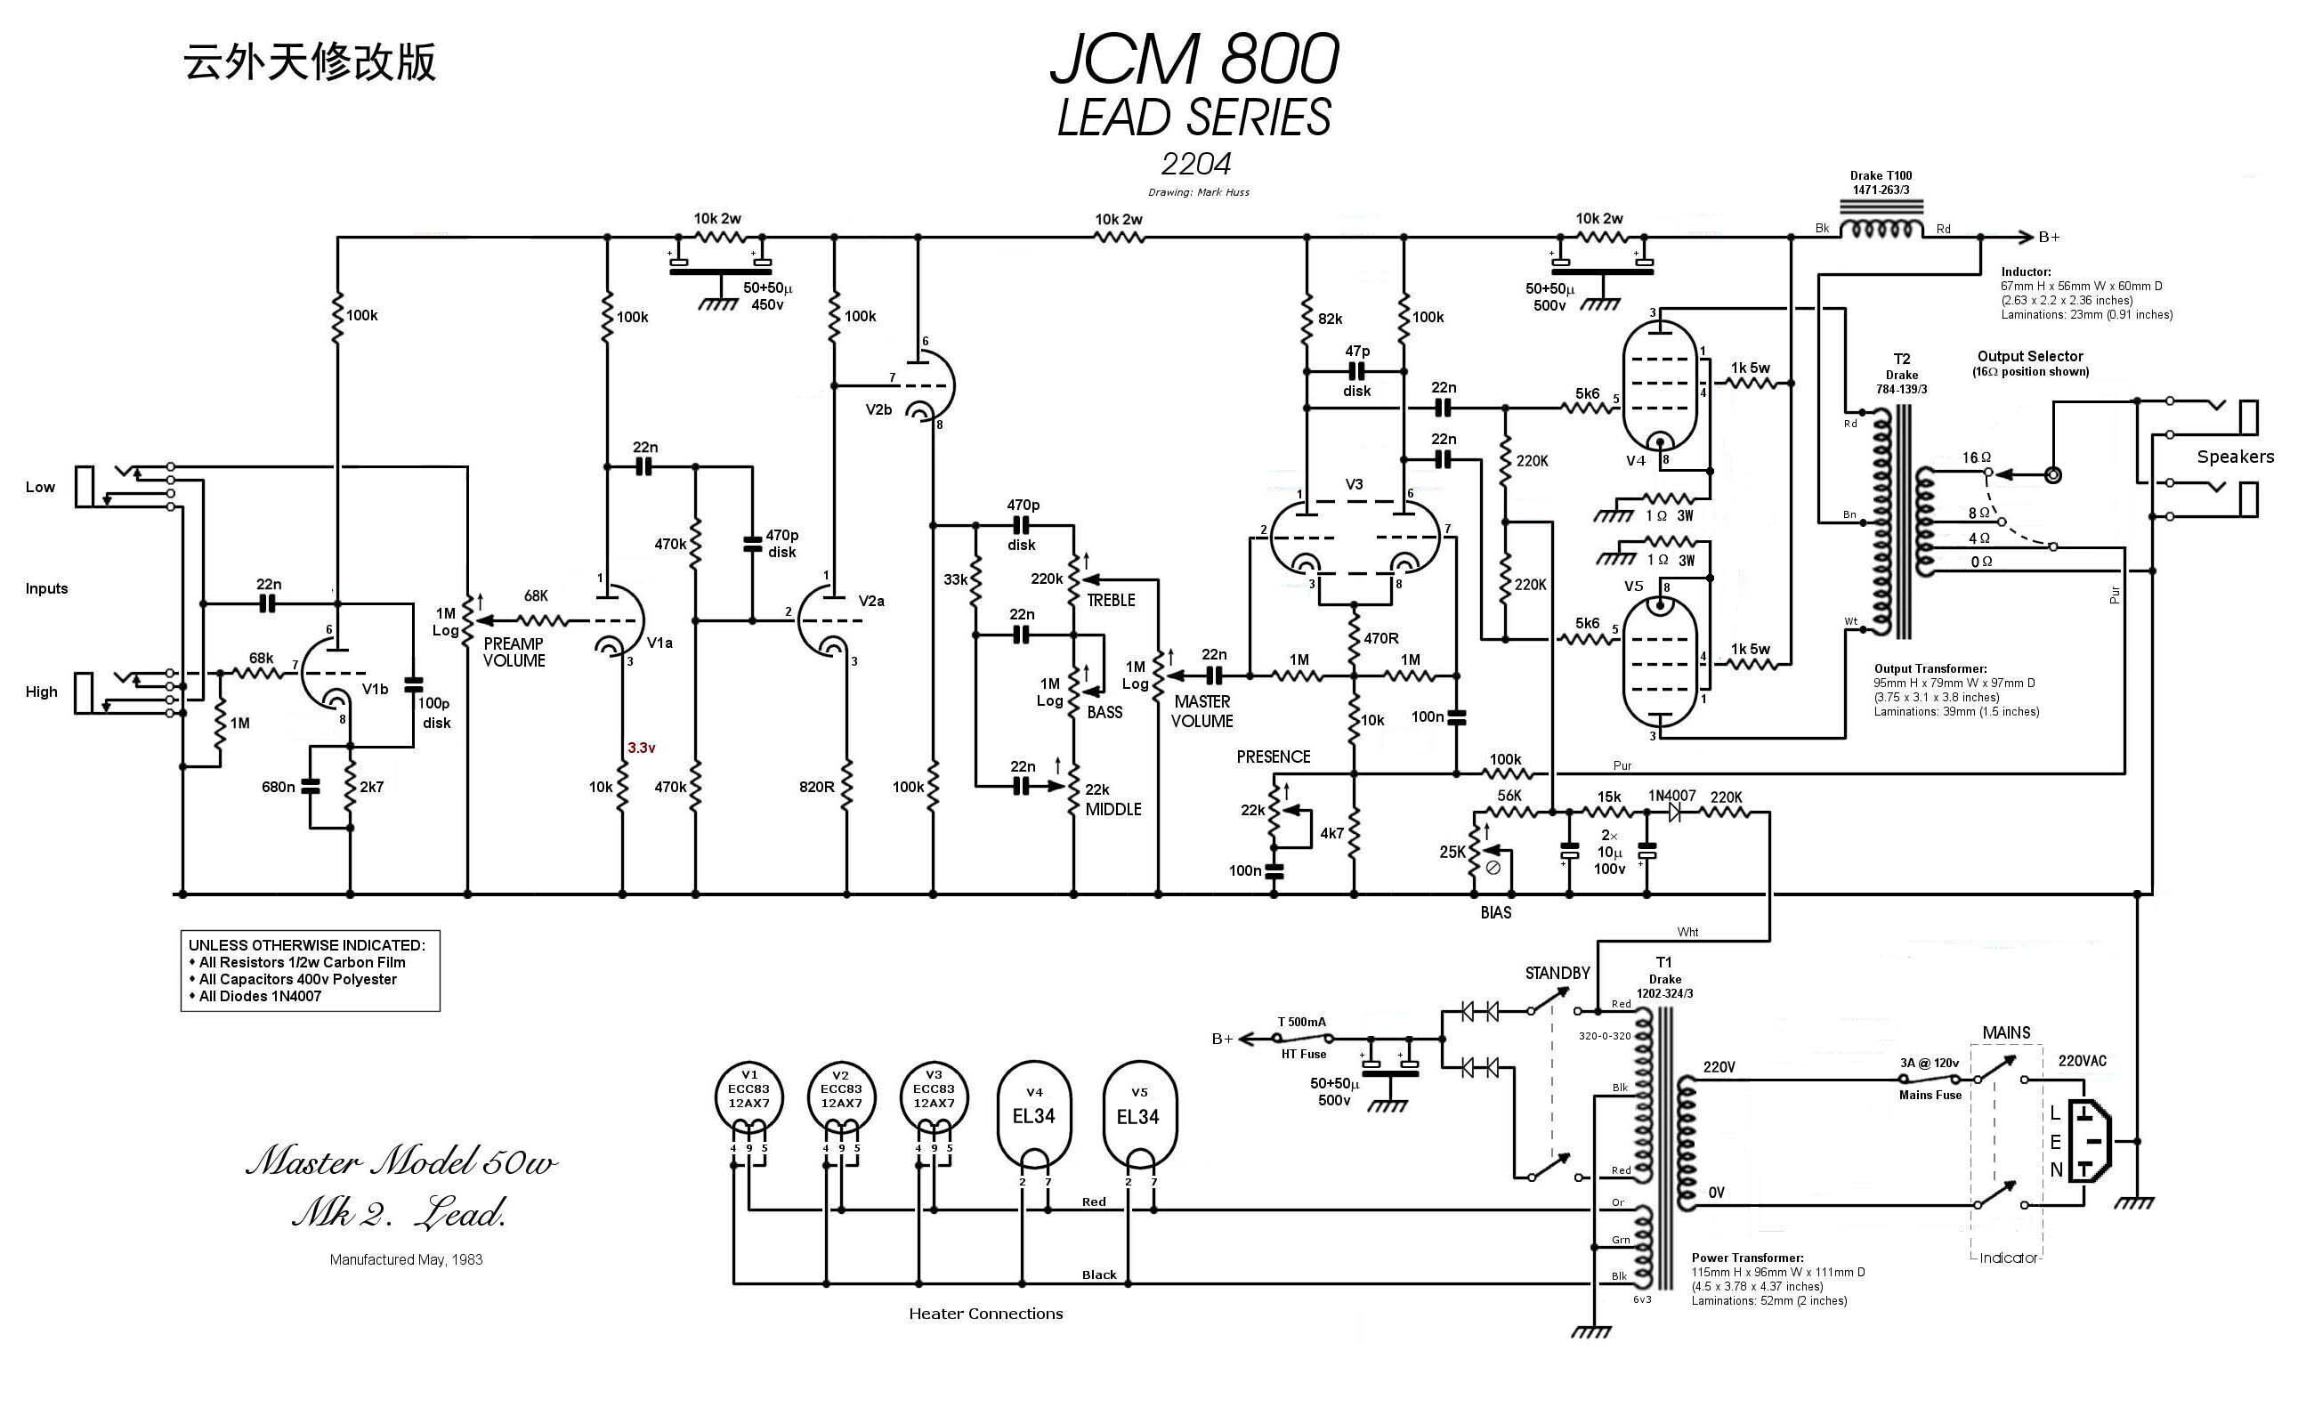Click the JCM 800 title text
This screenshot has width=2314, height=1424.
[1194, 60]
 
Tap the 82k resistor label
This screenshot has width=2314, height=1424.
[1330, 320]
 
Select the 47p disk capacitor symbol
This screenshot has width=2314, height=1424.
[1356, 372]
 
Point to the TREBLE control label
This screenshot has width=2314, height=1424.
[1111, 600]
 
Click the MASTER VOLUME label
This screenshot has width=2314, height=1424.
[1201, 711]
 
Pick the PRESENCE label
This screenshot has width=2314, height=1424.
[1274, 756]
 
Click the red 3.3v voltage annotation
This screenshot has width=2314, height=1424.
[642, 748]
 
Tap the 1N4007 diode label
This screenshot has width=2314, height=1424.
[1671, 796]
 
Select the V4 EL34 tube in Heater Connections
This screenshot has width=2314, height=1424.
[1034, 1116]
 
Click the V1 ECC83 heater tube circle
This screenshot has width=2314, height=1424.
[748, 1096]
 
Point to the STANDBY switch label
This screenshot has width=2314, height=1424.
[1557, 973]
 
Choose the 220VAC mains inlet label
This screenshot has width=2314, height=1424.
[2083, 1061]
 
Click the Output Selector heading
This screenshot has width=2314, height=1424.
[2029, 356]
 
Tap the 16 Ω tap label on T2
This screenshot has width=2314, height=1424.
[1977, 457]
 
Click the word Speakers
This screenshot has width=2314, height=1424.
[2235, 457]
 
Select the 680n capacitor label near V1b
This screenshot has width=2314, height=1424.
[278, 787]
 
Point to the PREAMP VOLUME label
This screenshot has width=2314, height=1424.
[514, 651]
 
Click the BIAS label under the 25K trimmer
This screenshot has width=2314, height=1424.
[1495, 911]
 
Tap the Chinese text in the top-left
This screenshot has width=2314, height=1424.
[310, 62]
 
